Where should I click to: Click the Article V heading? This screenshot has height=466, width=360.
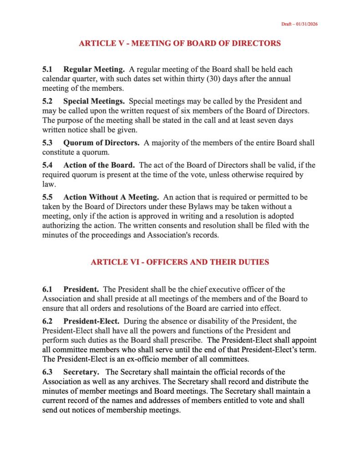click(180, 44)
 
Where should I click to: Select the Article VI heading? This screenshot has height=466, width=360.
click(180, 262)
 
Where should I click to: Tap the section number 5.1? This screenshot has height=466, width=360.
click(47, 70)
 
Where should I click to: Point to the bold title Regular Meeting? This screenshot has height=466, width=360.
click(94, 70)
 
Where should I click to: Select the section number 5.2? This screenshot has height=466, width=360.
click(47, 101)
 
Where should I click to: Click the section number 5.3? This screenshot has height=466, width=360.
click(47, 143)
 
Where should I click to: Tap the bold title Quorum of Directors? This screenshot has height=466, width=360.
click(101, 143)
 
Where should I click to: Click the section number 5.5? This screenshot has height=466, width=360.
click(47, 197)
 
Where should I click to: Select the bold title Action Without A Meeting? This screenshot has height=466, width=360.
click(111, 197)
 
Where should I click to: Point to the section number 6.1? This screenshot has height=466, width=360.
click(47, 289)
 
